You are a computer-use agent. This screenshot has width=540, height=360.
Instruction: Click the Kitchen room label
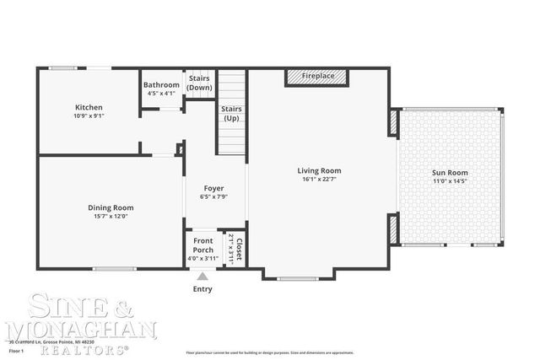[x=89, y=107]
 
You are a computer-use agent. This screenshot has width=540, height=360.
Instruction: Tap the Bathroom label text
[x=161, y=85]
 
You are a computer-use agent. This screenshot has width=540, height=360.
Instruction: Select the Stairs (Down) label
[x=199, y=83]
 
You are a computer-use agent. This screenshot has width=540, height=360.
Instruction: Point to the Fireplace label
[x=319, y=76]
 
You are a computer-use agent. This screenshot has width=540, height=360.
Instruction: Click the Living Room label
[x=319, y=170]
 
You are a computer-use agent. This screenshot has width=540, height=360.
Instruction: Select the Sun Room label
[x=450, y=173]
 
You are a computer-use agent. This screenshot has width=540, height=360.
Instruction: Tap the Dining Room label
[x=111, y=207]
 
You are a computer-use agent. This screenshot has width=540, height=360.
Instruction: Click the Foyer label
[x=213, y=188]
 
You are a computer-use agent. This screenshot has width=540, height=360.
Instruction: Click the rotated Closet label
[x=239, y=249]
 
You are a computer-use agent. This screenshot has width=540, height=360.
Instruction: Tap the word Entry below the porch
[x=202, y=289]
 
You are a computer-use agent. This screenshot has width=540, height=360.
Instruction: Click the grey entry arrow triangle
[x=202, y=275]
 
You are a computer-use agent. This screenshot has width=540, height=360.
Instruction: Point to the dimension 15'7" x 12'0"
[x=111, y=217]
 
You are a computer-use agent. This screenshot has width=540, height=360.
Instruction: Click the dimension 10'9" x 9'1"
[x=89, y=116]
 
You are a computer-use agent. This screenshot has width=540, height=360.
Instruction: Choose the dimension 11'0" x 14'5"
[x=450, y=181]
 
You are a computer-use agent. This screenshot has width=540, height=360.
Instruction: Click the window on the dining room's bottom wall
[x=115, y=269]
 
